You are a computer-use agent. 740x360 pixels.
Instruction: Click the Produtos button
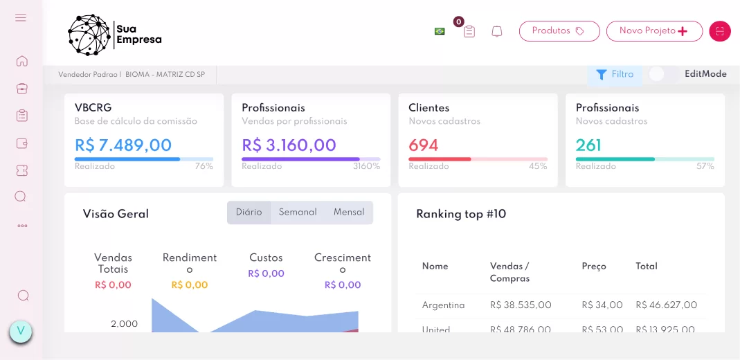click(x=559, y=31)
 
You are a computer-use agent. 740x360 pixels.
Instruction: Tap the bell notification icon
click(x=496, y=32)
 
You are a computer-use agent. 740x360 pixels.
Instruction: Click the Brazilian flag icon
click(x=440, y=31)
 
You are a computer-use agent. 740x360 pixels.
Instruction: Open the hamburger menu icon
click(x=21, y=17)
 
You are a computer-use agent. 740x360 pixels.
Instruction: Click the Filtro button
click(x=614, y=74)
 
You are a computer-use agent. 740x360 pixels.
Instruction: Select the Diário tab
click(x=249, y=213)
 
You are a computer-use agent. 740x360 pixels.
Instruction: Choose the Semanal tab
click(x=298, y=213)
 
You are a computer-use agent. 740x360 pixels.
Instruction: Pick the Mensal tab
click(x=349, y=213)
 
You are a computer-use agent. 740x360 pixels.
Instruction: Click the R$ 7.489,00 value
click(x=123, y=145)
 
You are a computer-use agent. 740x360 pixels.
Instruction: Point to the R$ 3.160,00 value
click(x=289, y=145)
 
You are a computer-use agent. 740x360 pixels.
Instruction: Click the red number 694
click(x=424, y=145)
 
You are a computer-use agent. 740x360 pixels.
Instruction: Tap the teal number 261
click(x=588, y=145)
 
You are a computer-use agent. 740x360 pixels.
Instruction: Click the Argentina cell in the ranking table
click(x=443, y=305)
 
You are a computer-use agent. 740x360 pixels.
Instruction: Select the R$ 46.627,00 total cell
click(x=666, y=305)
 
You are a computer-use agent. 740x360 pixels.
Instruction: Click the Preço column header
click(x=594, y=267)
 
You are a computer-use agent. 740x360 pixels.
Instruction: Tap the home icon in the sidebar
click(x=21, y=61)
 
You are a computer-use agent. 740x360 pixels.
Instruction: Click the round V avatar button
click(x=21, y=332)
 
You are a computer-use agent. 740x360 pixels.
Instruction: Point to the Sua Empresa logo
click(x=114, y=35)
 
